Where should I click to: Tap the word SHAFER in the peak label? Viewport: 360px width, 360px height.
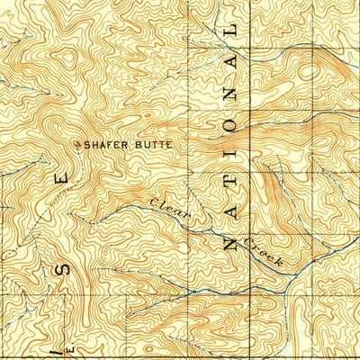click(104, 143)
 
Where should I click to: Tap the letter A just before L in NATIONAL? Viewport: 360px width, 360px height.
click(232, 61)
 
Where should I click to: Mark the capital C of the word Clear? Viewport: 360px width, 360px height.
click(154, 206)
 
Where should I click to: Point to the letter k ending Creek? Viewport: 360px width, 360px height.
click(279, 261)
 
